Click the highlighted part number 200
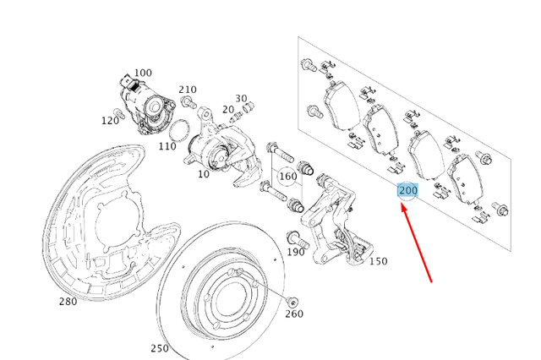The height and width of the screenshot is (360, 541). click(x=408, y=191)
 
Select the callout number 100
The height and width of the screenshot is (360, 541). click(x=143, y=74)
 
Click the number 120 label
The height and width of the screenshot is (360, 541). click(x=110, y=121)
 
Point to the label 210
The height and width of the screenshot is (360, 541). click(x=187, y=90)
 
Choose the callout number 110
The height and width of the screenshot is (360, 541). click(x=167, y=146)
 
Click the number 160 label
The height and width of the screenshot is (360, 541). click(x=287, y=177)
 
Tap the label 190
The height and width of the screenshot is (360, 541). click(x=295, y=252)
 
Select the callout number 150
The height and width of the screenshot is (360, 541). click(x=378, y=261)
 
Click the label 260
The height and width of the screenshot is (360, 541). click(x=293, y=314)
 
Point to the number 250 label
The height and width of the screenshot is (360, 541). click(x=159, y=348)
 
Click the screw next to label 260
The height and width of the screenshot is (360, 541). click(x=292, y=302)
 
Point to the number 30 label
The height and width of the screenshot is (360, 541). click(x=241, y=99)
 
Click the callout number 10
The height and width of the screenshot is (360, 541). click(x=203, y=174)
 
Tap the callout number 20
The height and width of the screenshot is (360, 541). click(x=227, y=109)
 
